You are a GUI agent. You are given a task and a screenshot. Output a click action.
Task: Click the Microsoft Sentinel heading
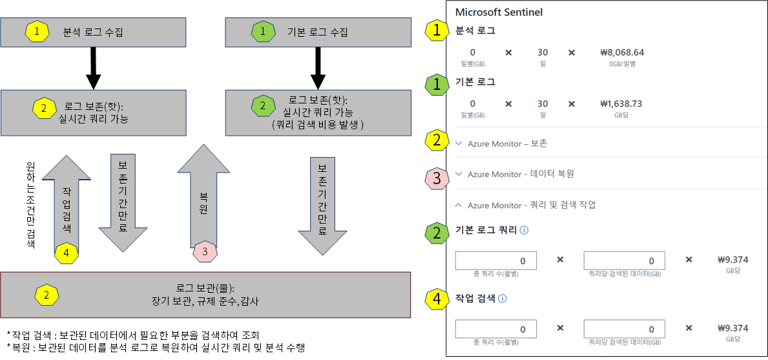pyautogui.click(x=499, y=12)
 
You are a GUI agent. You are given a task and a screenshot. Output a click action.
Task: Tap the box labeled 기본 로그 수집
pyautogui.click(x=317, y=32)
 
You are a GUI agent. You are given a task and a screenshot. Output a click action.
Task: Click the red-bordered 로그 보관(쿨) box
pyautogui.click(x=205, y=295)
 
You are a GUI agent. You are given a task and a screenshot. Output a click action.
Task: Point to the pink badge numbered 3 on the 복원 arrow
pyautogui.click(x=205, y=251)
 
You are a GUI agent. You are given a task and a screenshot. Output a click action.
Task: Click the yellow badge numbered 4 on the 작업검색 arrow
pyautogui.click(x=67, y=252)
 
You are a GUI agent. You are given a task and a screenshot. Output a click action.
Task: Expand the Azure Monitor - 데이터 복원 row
pyautogui.click(x=515, y=174)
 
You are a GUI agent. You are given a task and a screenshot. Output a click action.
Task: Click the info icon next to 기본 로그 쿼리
pyautogui.click(x=524, y=229)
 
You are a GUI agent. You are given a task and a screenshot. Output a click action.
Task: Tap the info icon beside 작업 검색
pyautogui.click(x=503, y=299)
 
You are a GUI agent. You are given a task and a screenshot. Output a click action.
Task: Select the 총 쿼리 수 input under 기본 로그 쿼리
pyautogui.click(x=495, y=260)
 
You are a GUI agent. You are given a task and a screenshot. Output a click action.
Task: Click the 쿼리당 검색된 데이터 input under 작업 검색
pyautogui.click(x=623, y=329)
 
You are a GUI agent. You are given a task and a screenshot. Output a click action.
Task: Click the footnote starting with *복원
pyautogui.click(x=155, y=348)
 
